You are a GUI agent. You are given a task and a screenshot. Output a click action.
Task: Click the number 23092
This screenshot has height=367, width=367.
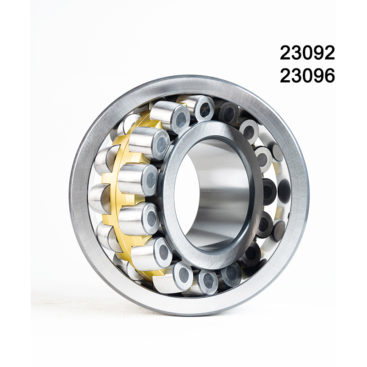tap(307, 54)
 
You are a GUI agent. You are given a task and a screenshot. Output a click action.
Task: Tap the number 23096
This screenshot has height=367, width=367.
tap(307, 76)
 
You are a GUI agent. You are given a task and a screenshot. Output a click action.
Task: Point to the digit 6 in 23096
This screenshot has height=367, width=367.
tap(329, 76)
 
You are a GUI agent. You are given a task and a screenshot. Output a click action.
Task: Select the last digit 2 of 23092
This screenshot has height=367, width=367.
tap(329, 54)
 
